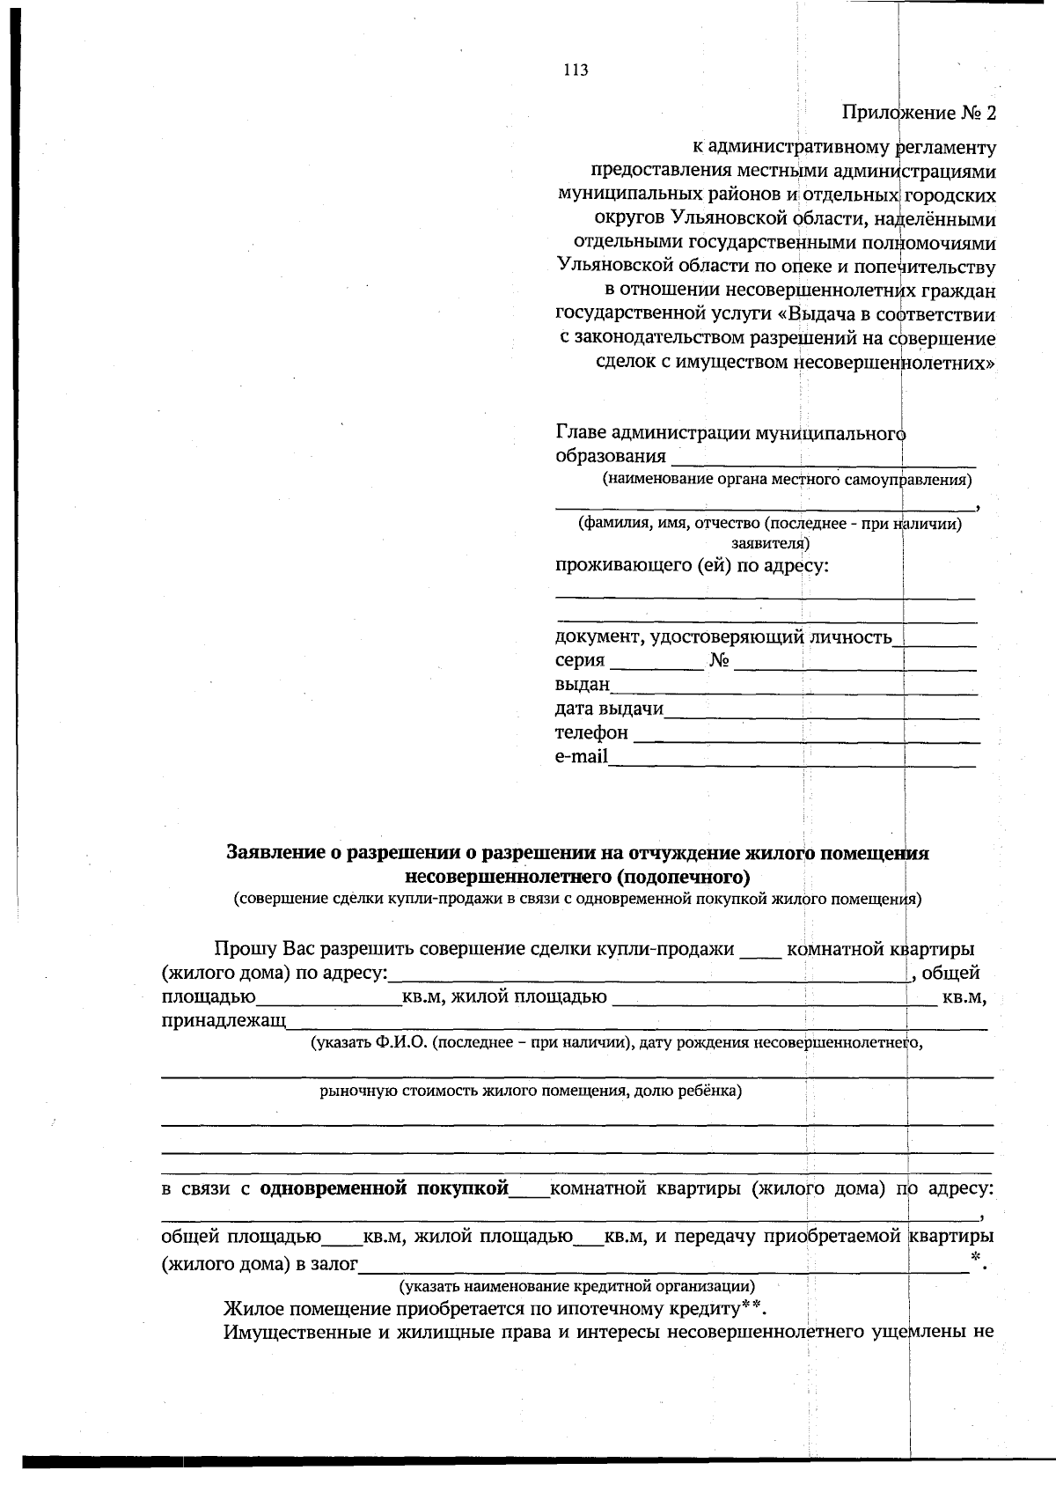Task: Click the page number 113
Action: coord(576,70)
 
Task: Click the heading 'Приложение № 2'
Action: coord(919,113)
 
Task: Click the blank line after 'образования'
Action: coord(823,458)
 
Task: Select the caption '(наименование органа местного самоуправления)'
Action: coord(787,480)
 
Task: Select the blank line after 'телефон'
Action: coord(805,734)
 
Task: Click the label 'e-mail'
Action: coord(581,757)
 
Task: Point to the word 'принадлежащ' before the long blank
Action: coord(224,1021)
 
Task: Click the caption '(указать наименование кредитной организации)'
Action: coord(576,1287)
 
